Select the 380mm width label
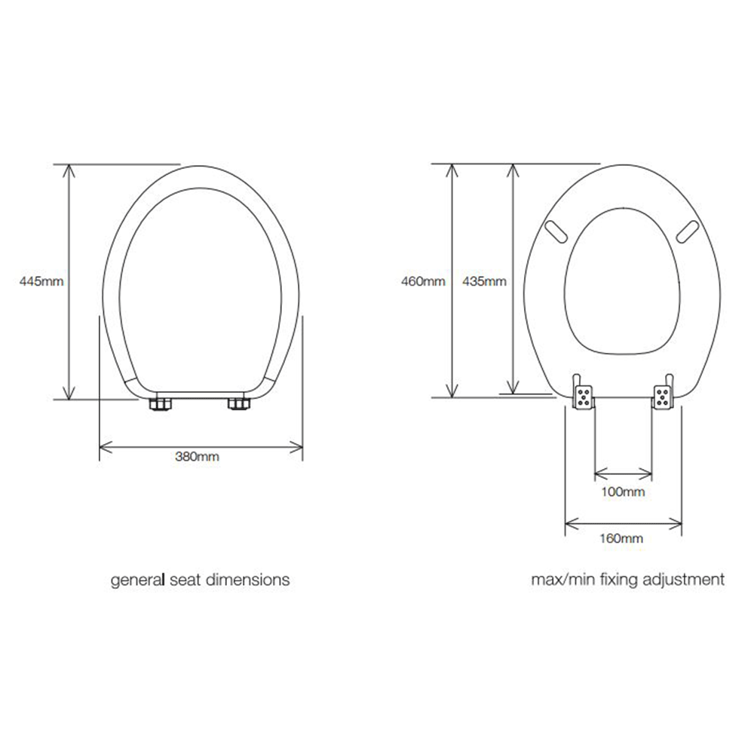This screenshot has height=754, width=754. (201, 458)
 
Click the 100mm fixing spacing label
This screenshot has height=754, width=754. (623, 492)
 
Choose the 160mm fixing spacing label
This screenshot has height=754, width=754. (623, 538)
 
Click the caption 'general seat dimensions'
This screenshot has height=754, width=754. (201, 581)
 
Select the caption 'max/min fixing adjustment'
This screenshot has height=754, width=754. (628, 581)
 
